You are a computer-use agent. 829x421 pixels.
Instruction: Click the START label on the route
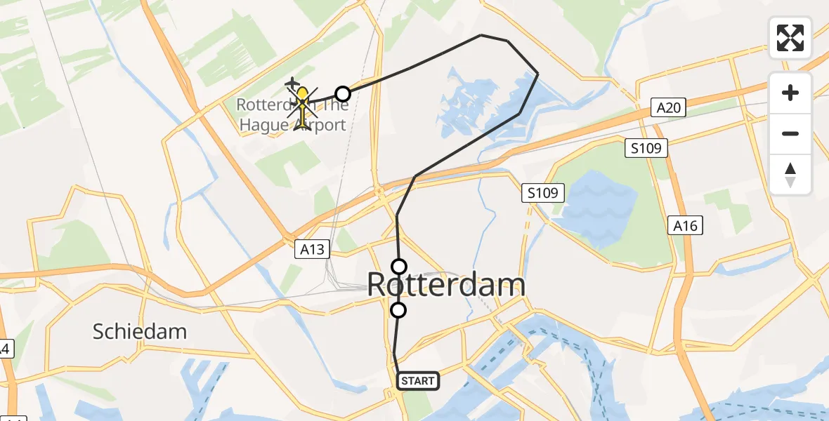[x=419, y=381]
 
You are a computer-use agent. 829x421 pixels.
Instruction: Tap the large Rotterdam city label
[x=446, y=286]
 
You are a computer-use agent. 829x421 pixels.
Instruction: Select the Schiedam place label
[x=141, y=332]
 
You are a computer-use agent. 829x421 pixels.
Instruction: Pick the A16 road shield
[x=685, y=225]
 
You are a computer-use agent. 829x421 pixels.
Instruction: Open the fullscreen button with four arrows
[x=790, y=38]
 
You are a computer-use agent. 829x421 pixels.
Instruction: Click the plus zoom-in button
[x=790, y=93]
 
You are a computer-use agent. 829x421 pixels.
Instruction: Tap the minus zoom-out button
[x=790, y=133]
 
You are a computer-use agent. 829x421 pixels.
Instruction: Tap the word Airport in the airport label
[x=320, y=126]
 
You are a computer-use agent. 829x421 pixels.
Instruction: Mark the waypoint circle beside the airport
[x=342, y=93]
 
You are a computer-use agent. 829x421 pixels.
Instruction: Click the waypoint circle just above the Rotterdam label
[x=399, y=266]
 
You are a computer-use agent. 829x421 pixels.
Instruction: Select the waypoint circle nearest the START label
[x=398, y=310]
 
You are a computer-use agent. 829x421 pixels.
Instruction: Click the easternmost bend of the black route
[x=537, y=74]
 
